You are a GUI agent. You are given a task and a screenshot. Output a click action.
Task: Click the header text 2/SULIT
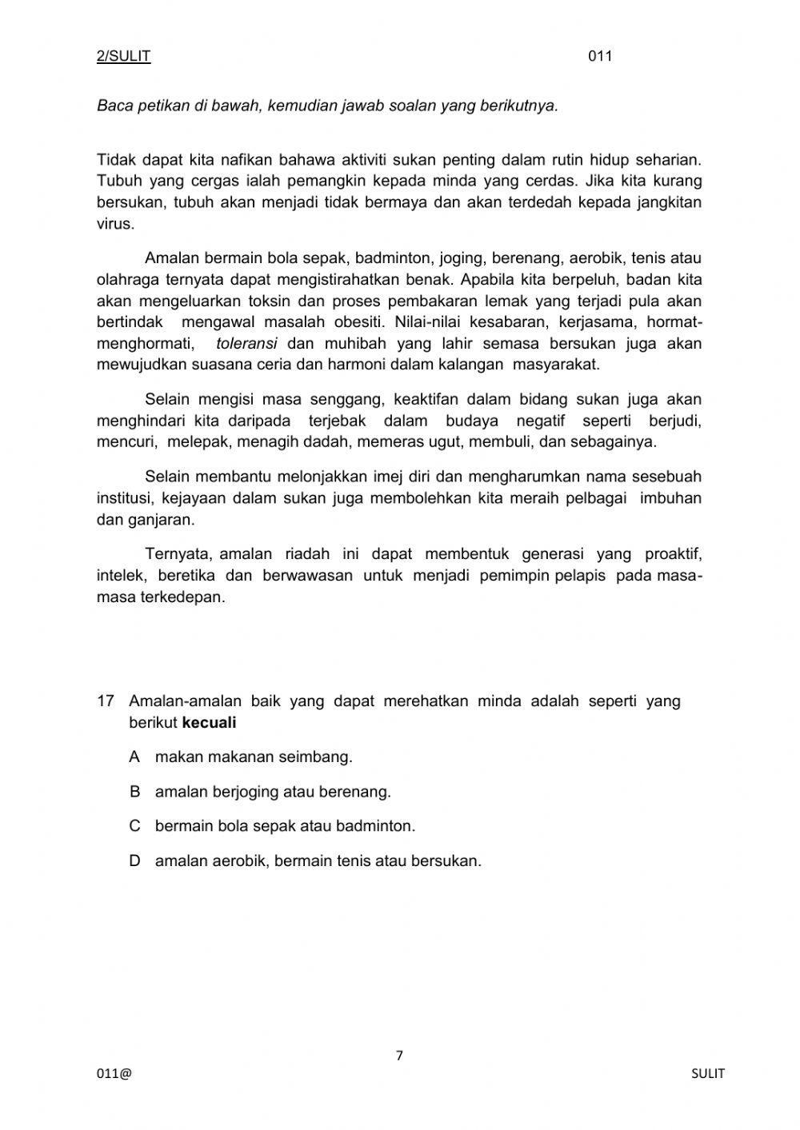tap(123, 56)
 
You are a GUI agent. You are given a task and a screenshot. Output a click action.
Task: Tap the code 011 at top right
tap(600, 56)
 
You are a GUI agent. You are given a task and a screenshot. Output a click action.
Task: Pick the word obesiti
tap(359, 322)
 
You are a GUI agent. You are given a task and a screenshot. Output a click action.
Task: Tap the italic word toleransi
tap(246, 344)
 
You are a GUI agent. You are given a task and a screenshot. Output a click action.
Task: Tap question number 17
tap(106, 701)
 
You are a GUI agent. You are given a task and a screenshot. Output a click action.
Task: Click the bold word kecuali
tap(210, 723)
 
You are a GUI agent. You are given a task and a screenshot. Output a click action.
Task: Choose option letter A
tap(134, 757)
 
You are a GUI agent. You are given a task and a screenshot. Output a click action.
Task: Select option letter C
tap(134, 826)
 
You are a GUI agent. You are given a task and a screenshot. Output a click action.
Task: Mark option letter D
tap(134, 861)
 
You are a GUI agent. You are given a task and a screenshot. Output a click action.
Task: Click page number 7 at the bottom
tap(399, 1056)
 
